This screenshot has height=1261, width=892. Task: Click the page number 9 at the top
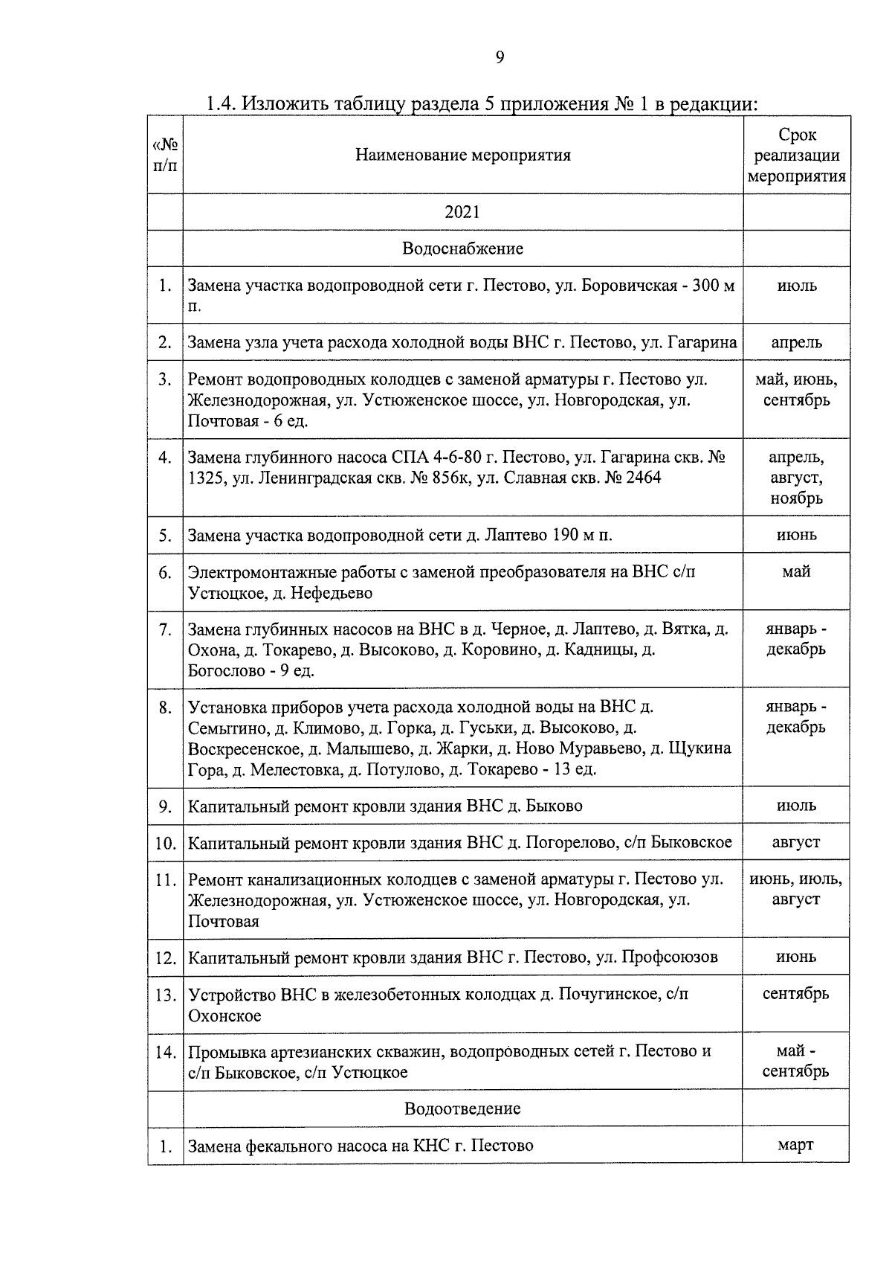pos(500,58)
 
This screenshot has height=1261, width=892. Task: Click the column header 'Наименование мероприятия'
pos(462,155)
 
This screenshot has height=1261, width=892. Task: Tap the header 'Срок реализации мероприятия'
pos(796,155)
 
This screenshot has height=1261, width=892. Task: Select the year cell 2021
pos(462,213)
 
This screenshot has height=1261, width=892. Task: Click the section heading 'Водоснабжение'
pos(462,248)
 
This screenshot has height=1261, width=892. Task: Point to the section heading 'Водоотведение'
pos(462,1108)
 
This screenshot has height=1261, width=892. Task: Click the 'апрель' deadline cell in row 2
pos(796,342)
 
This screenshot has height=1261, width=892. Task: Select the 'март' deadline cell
pos(795,1145)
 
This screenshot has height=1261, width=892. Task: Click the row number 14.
pos(165,1052)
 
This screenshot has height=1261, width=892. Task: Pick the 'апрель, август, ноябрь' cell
pos(796,478)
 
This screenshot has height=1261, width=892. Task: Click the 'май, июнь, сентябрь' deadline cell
pos(796,390)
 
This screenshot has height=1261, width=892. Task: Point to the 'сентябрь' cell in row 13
pos(796,994)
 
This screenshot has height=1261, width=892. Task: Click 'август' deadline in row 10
pos(796,842)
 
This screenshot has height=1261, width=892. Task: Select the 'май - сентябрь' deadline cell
pos(796,1061)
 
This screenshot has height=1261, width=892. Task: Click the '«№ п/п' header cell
pos(165,154)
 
